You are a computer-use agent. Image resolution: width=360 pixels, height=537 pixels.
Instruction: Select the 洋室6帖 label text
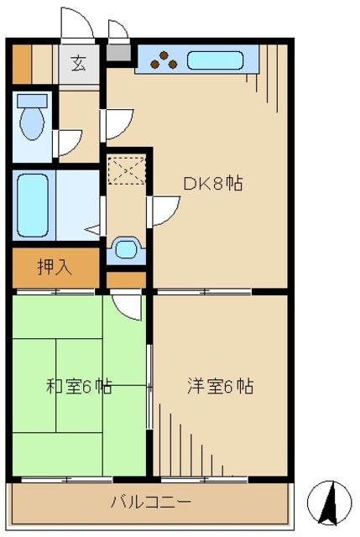219,387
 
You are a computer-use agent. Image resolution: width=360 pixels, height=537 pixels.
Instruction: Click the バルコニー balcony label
150,503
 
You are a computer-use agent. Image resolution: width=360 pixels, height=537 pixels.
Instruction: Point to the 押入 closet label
55,268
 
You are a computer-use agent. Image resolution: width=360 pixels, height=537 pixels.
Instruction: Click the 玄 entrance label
78,63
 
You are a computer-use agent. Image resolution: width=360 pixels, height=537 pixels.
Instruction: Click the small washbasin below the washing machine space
127,248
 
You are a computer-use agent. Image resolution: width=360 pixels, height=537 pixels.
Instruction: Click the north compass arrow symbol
329,502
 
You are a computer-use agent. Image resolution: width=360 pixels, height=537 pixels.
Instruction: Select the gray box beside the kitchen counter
121,55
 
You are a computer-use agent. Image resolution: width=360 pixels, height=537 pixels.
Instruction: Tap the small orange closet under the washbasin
127,279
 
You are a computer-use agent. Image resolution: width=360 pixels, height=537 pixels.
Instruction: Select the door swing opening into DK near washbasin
164,209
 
